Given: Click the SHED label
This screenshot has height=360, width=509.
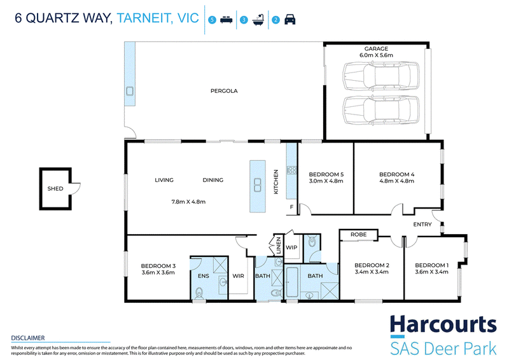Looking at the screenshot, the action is coord(55,189).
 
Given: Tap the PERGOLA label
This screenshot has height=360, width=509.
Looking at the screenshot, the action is coord(224,91).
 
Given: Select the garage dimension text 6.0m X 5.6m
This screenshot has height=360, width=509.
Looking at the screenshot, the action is coord(376,55).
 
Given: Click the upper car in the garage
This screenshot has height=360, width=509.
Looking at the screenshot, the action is coord(381,76).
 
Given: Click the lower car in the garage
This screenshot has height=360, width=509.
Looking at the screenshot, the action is coord(381,111).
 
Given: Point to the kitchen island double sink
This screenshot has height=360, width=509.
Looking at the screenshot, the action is coord(258,184).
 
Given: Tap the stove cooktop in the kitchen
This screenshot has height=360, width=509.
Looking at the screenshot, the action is coord(291,170).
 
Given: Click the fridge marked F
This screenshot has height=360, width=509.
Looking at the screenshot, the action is coord(291,207).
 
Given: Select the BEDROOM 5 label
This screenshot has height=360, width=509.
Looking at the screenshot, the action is coord(326,174).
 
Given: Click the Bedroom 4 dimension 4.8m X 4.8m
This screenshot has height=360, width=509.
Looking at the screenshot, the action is coord(396,181).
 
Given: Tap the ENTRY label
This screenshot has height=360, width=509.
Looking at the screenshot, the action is coord(422,225).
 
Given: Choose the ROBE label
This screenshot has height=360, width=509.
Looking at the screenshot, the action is coord(358,234).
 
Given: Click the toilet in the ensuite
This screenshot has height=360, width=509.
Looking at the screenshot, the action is coord(199,293).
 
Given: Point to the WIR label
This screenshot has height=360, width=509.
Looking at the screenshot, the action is coord(238,276).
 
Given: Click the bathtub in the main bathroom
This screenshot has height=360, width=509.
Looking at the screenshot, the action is coord(292,282).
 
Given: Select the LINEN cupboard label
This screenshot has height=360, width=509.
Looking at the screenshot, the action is coord(278,246).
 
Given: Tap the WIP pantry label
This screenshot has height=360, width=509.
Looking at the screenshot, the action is coord(291,247).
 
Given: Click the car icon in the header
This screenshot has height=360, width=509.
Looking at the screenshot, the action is coord(290,20).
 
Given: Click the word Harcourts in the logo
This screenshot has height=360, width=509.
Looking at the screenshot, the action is coord(443,325).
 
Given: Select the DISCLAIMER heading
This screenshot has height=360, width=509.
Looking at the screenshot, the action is coord(28,338).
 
